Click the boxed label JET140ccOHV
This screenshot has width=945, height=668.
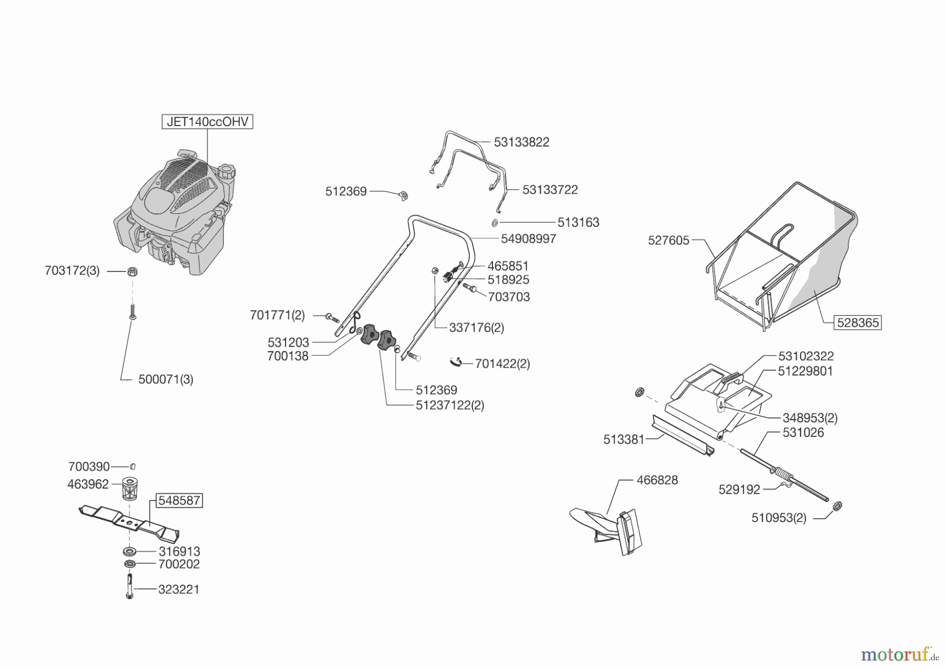click(x=207, y=122)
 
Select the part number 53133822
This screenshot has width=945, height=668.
click(x=521, y=142)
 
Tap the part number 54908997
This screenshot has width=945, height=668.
click(x=528, y=239)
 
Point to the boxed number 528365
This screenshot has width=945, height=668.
click(x=857, y=322)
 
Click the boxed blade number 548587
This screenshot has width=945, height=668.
click(x=179, y=500)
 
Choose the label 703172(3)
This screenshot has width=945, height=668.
click(x=72, y=271)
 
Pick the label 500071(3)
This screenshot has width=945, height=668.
click(x=166, y=379)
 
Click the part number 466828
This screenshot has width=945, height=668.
click(x=657, y=480)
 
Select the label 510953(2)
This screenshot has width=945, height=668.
click(x=779, y=518)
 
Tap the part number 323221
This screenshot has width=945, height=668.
click(x=179, y=589)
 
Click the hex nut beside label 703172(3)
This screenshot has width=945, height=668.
click(x=132, y=272)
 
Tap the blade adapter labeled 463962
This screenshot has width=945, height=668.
click(x=129, y=488)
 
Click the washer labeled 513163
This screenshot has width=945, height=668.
click(x=495, y=223)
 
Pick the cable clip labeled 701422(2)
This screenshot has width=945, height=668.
click(x=456, y=362)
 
